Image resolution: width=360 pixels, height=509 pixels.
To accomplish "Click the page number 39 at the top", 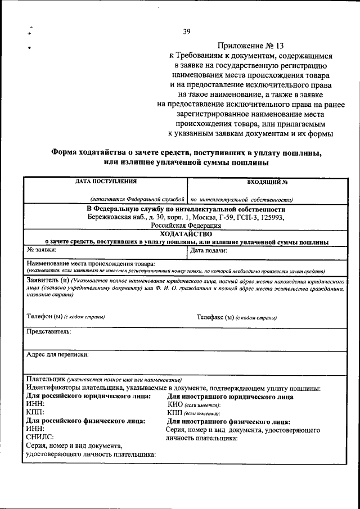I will point(187,32).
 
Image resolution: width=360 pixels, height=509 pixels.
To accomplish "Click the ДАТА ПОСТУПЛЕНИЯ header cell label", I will point(106,181).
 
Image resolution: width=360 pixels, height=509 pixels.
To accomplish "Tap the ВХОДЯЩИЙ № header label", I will point(268,182).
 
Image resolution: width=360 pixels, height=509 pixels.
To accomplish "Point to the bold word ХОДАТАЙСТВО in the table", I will point(186,233).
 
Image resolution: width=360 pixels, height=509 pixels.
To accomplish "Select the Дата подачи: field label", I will point(209,250).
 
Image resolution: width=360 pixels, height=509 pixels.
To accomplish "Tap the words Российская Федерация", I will point(186,225).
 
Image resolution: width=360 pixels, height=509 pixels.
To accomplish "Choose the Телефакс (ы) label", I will point(215,317).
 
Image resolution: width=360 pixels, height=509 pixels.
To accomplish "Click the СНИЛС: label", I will point(40,436).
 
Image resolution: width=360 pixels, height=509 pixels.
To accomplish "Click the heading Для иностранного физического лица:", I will point(228,421).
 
